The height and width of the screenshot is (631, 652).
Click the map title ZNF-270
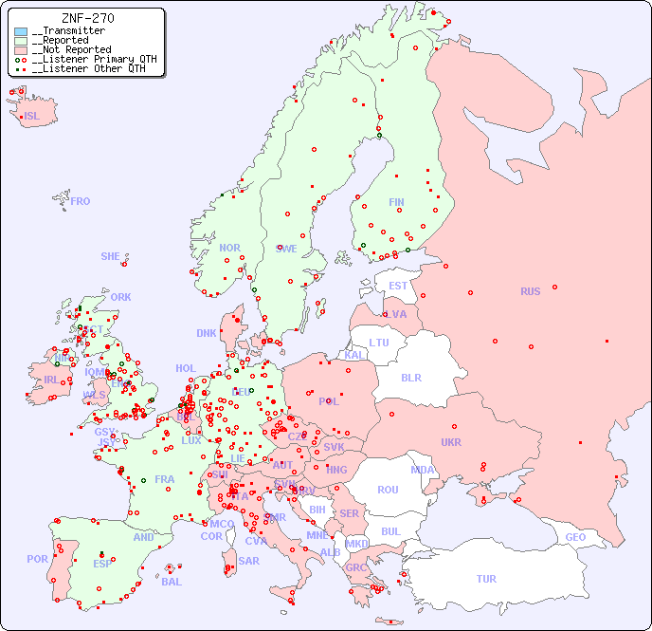coord(88,18)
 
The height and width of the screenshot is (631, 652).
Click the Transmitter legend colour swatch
coord(21,31)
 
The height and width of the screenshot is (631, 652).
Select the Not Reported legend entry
coord(71,49)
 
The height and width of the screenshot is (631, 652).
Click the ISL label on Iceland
coord(32,117)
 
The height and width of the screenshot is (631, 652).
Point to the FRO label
coord(81,201)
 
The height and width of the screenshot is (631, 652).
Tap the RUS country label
coord(530,291)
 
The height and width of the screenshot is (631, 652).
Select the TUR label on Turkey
coord(486,579)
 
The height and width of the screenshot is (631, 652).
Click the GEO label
coord(575,537)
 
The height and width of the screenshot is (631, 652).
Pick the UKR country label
coord(451,442)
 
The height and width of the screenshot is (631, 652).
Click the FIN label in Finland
coord(396,202)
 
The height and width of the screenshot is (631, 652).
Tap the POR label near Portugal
coord(37,559)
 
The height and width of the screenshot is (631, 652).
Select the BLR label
coord(410,377)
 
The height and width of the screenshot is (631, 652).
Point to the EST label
coord(398,286)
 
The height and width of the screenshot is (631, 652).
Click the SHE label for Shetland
coord(111,256)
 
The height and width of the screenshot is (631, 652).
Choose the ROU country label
coord(388,490)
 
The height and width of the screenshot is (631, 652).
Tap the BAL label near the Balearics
coord(171,582)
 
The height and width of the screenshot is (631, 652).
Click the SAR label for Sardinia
coord(248,561)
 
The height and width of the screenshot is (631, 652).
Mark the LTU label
coord(379,343)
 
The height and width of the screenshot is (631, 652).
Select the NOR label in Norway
coord(229,248)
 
